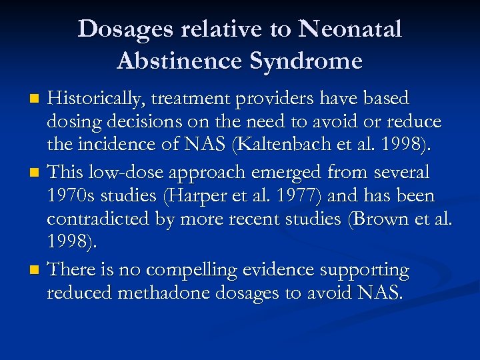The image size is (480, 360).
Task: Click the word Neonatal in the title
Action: point(351,30)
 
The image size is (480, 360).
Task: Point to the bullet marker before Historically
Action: point(37,99)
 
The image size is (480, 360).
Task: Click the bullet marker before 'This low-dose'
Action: point(37,174)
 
